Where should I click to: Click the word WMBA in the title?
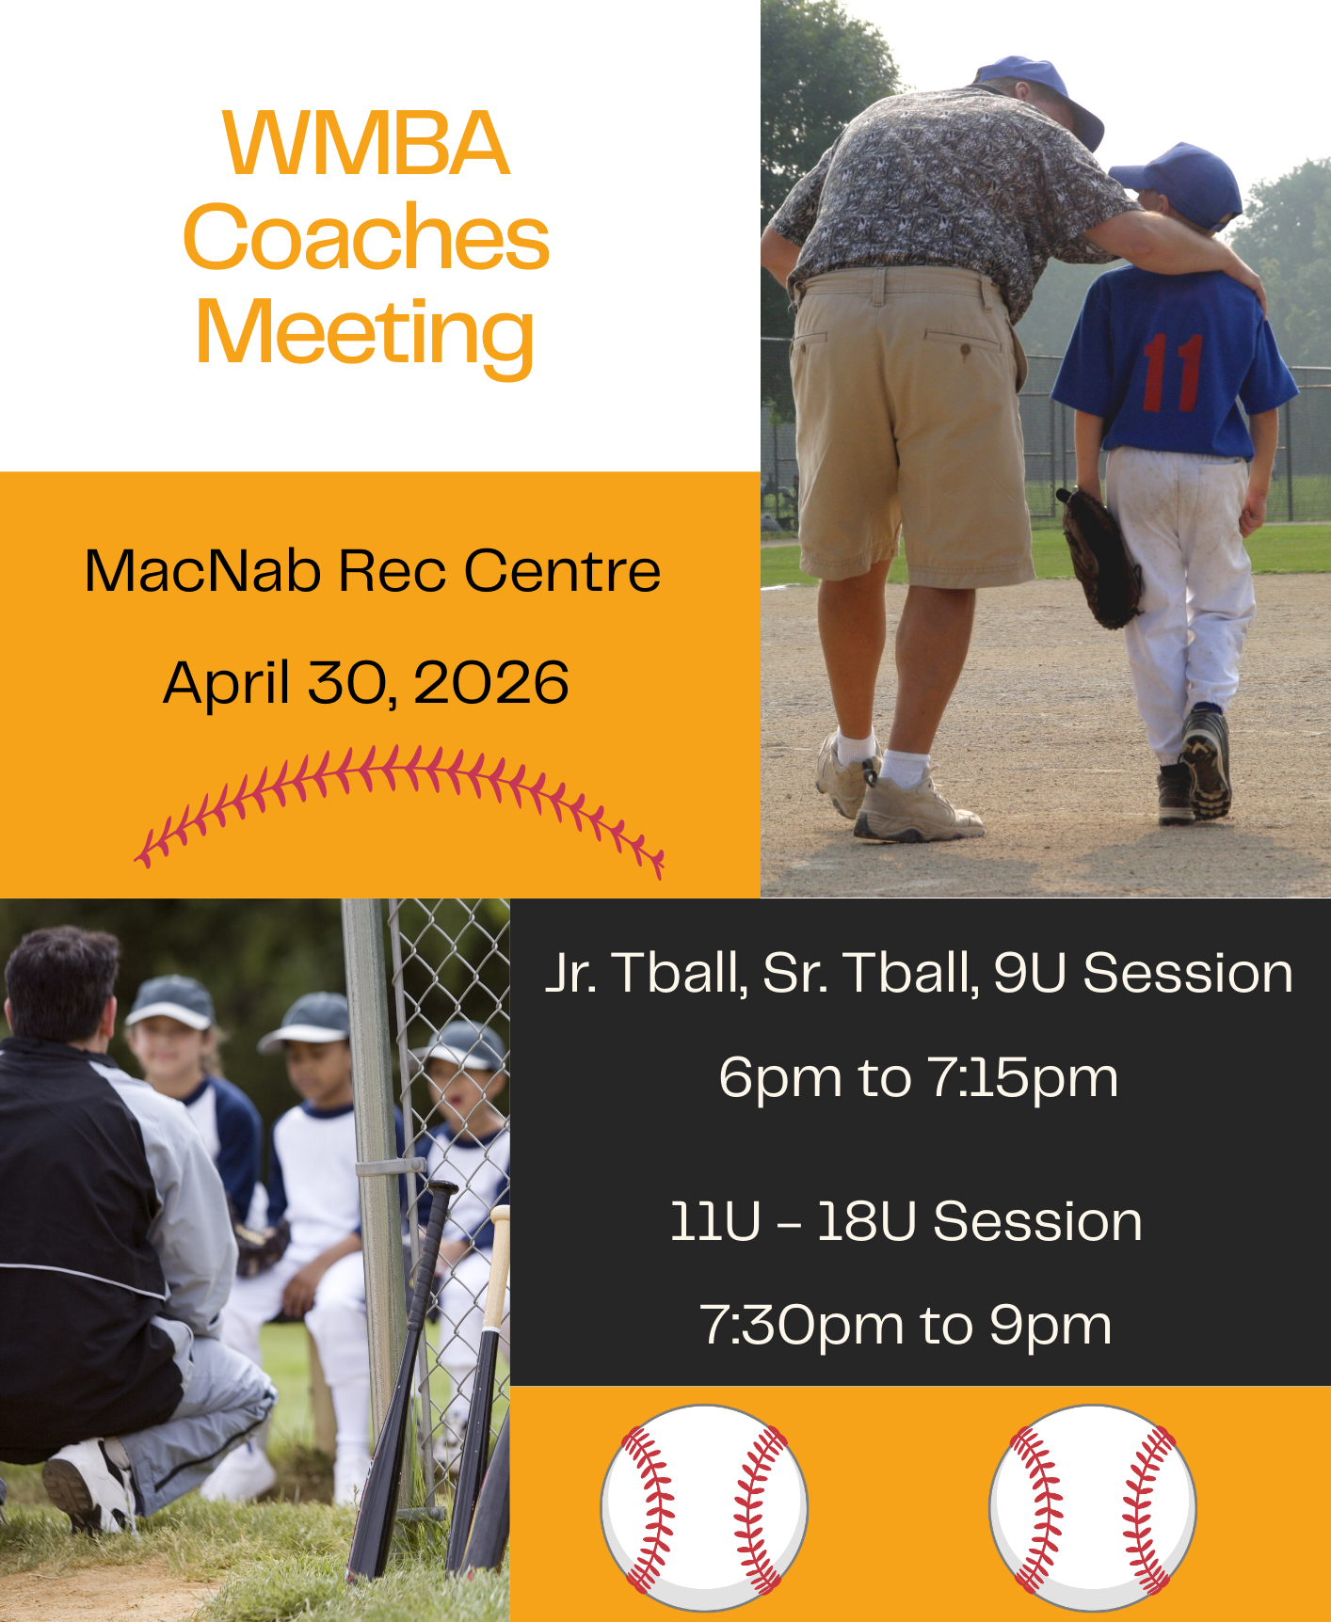[366, 143]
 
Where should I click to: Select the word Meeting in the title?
[365, 334]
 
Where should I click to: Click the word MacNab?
[202, 570]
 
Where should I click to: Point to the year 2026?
[490, 682]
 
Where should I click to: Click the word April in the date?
[226, 684]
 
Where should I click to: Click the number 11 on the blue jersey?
[1174, 374]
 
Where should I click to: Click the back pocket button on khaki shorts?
[965, 350]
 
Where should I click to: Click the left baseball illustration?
[705, 1507]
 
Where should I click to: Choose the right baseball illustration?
[1093, 1507]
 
